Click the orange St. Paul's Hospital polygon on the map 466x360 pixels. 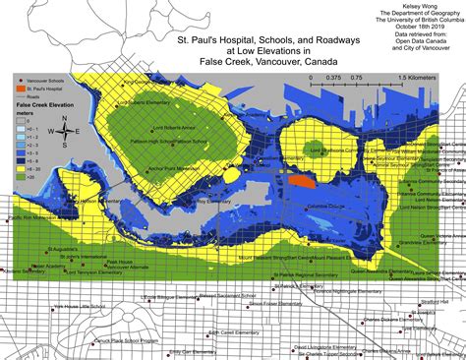click(301, 181)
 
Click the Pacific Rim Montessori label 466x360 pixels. click(30, 217)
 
